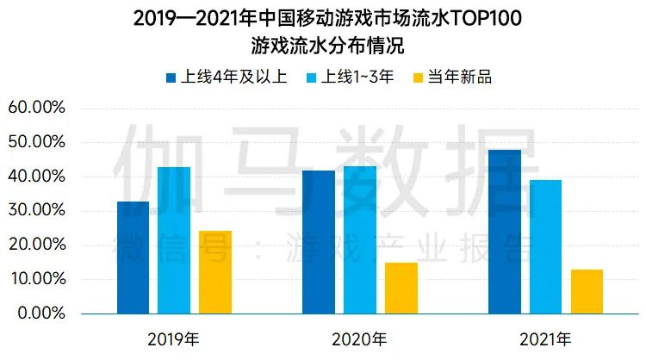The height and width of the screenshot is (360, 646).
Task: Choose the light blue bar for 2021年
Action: [546, 245]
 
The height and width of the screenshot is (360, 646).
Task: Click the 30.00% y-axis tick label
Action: [36, 210]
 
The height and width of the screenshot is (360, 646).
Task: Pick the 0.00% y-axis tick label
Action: [40, 313]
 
